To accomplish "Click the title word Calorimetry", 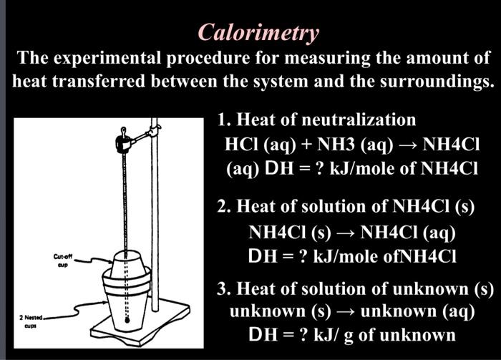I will point(258,32).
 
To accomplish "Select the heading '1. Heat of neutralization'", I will point(316,119).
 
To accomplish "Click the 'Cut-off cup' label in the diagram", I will point(62,258).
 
